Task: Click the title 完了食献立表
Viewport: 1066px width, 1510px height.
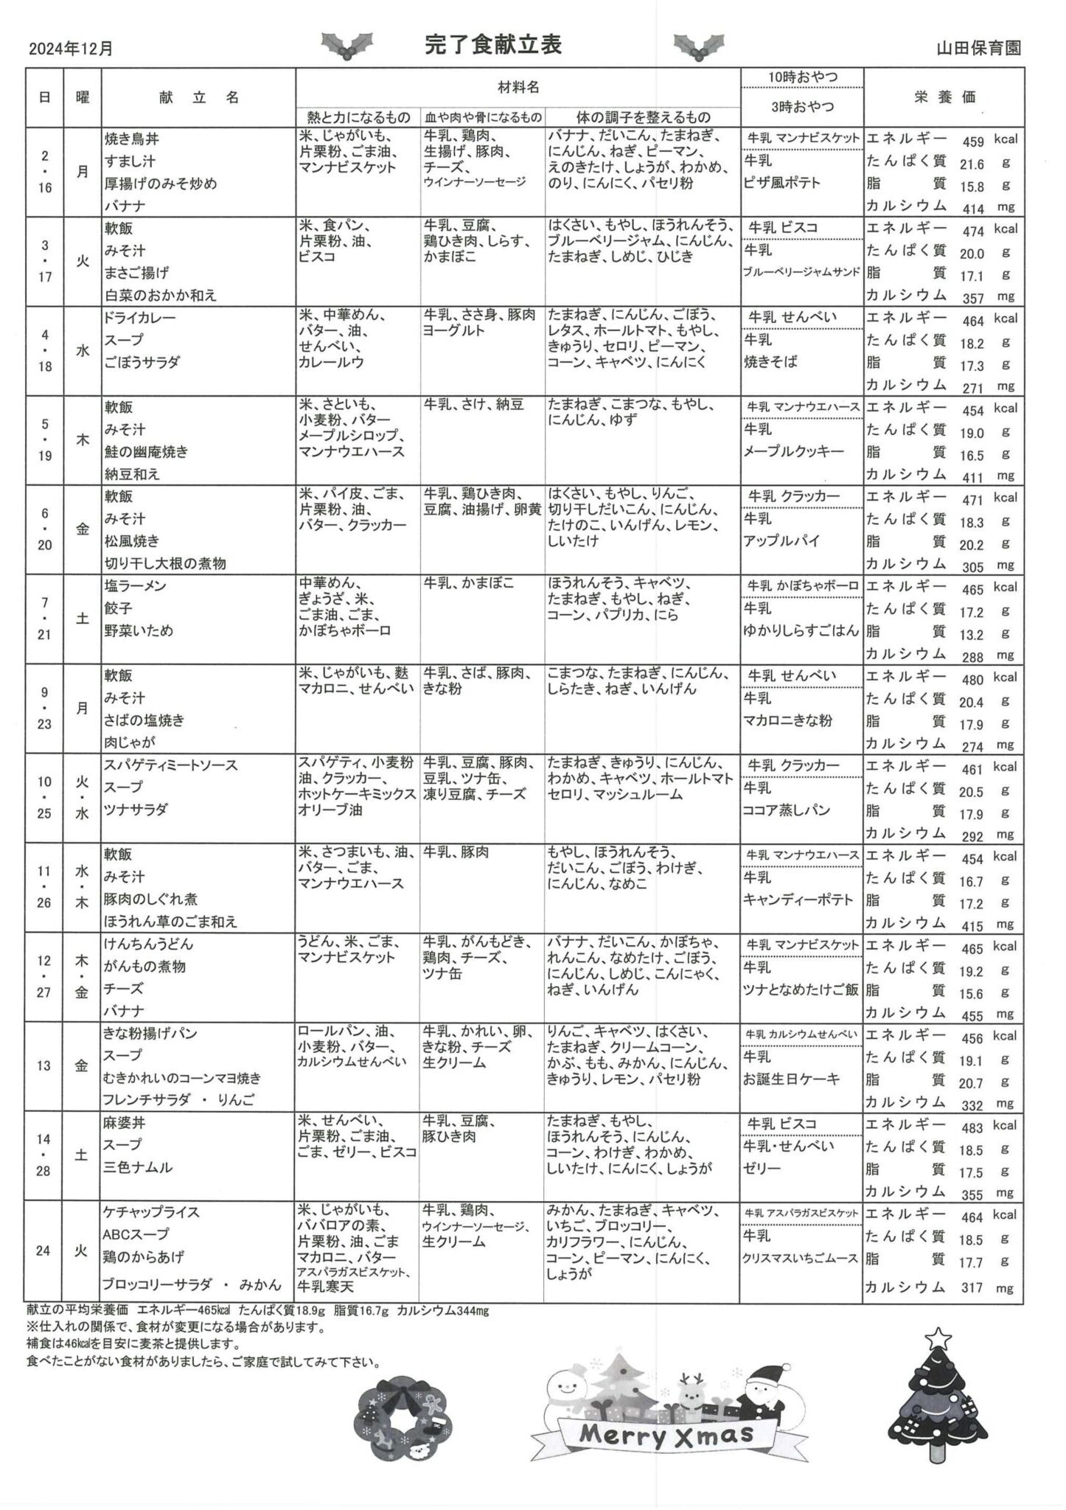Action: point(493,45)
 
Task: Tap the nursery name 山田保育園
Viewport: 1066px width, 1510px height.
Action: point(978,49)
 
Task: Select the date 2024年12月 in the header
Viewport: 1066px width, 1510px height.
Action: point(72,49)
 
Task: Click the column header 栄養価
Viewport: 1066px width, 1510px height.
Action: point(944,97)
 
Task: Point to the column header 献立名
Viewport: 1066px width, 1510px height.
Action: point(198,97)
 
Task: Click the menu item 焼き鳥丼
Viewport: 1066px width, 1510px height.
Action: point(132,139)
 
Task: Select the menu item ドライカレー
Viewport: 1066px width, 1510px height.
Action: point(141,318)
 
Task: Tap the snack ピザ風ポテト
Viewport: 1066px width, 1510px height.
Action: point(782,183)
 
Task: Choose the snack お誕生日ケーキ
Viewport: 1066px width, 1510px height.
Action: point(792,1079)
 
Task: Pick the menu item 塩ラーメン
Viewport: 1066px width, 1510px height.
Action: point(136,586)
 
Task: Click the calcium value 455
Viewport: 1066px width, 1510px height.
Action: point(972,1015)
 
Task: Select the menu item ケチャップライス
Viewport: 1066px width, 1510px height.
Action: point(151,1212)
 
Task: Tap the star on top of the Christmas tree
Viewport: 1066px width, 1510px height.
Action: point(938,1337)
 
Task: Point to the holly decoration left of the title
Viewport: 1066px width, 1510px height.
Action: point(347,46)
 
